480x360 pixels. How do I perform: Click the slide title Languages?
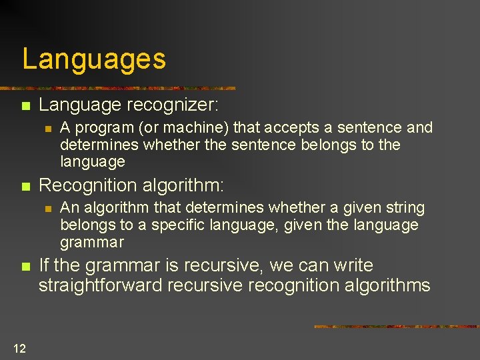94,59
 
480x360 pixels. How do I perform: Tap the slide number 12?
19,347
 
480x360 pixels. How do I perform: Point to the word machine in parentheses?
193,127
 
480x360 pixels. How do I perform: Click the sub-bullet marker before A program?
47,128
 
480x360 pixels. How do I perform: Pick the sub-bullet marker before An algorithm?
47,209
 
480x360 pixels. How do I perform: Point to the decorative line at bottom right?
396,326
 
